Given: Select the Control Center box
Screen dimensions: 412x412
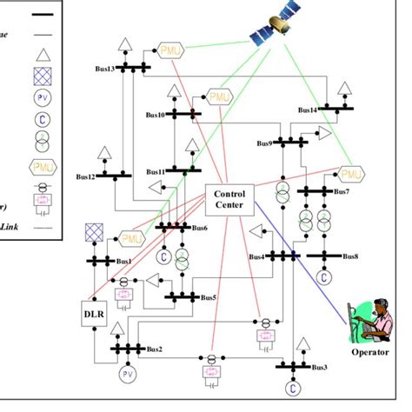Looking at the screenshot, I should pyautogui.click(x=230, y=199).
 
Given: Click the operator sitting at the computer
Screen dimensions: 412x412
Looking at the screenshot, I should pyautogui.click(x=370, y=316).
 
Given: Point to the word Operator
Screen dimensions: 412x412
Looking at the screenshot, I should pyautogui.click(x=370, y=352).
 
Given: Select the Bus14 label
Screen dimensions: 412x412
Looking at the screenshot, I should pyautogui.click(x=307, y=110).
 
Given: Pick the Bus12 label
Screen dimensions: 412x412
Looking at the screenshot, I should pyautogui.click(x=84, y=176).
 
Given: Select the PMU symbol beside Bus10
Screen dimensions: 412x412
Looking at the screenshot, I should pyautogui.click(x=219, y=96).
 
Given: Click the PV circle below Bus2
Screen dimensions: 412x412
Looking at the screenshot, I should pyautogui.click(x=129, y=374).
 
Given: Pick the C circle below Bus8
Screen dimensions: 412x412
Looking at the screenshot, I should pyautogui.click(x=322, y=277).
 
